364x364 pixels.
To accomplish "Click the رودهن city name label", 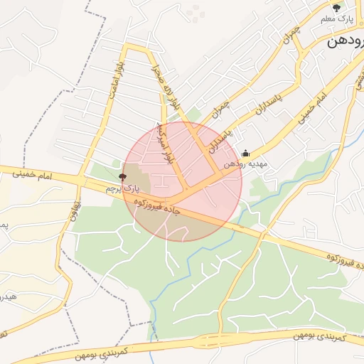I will coord(345,42).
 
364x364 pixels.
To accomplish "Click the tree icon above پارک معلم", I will coord(336,9).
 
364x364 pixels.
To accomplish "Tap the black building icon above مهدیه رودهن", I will coord(246,153).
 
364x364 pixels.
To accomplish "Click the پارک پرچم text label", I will coord(119,188).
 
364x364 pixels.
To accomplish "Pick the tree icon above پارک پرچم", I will coord(122,176).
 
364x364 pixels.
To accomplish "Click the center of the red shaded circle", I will coord(183,181).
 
